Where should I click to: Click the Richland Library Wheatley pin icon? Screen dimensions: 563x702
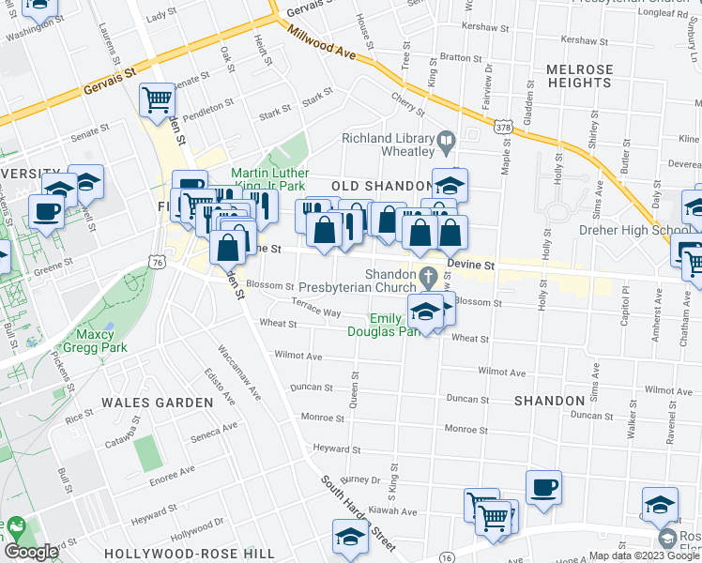click(x=448, y=143)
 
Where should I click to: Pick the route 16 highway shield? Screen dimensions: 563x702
click(x=445, y=557)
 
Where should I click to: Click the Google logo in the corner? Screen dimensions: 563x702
click(x=31, y=552)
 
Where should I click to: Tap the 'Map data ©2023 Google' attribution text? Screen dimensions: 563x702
click(x=644, y=555)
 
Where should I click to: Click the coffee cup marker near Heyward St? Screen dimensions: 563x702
click(x=543, y=487)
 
